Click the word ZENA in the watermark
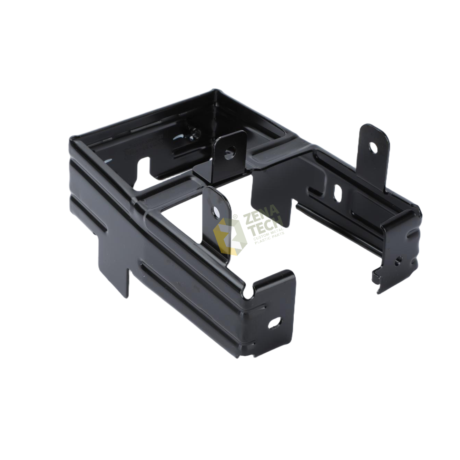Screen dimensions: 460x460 [x=262, y=218]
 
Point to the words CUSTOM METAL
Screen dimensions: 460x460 [x=268, y=238]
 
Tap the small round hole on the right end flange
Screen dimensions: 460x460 [x=399, y=260]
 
